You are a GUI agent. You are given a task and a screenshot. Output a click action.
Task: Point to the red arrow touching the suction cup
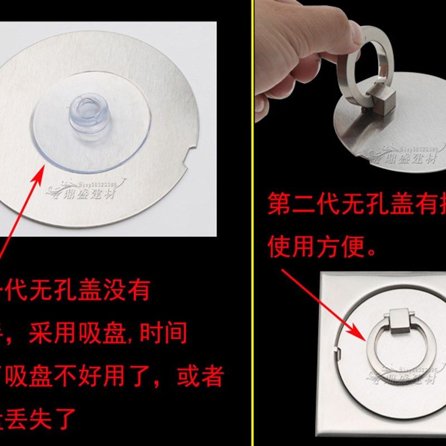click(x=22, y=206)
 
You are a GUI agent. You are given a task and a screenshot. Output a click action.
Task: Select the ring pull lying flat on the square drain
click(x=394, y=348)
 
